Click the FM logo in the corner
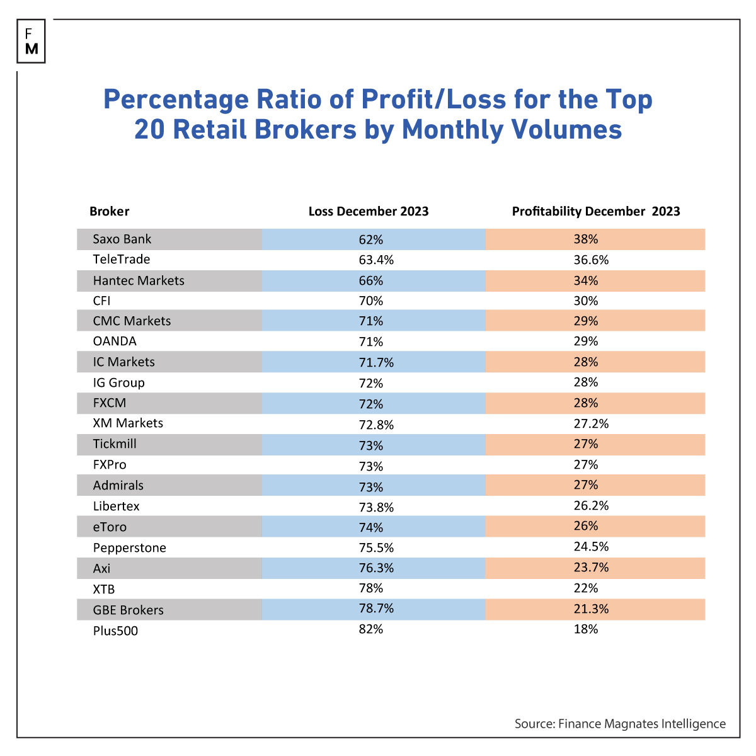click(31, 42)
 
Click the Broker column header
click(109, 212)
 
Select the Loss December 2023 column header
click(369, 212)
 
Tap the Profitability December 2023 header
click(596, 212)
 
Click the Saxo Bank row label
click(122, 239)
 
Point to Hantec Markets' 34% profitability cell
click(586, 280)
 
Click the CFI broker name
click(101, 301)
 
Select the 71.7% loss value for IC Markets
click(376, 362)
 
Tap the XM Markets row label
click(128, 423)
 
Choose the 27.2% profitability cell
click(591, 424)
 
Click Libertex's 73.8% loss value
click(376, 507)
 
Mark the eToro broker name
click(110, 527)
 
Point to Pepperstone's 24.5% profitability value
click(591, 547)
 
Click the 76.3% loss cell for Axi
click(376, 568)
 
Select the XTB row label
click(104, 589)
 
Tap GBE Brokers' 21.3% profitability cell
click(591, 609)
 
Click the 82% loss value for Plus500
click(370, 629)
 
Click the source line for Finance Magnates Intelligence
click(620, 724)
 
